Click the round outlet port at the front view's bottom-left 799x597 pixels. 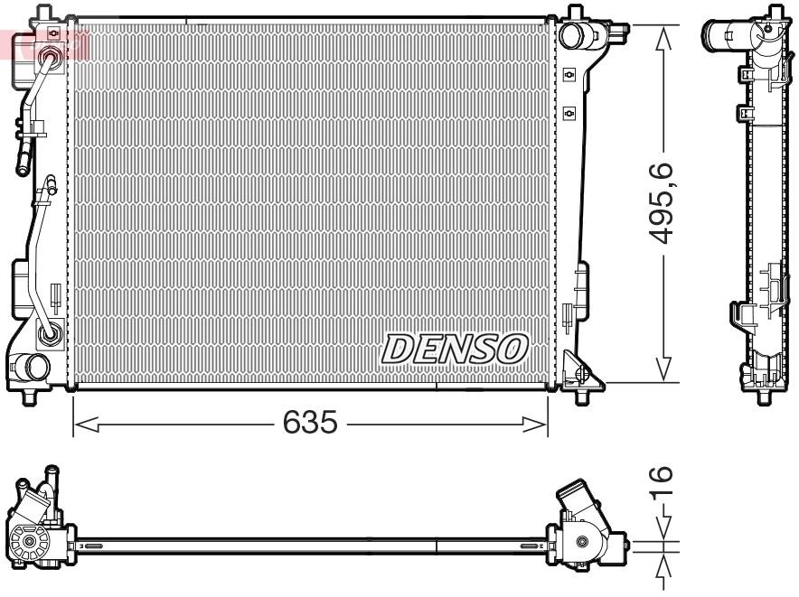36,367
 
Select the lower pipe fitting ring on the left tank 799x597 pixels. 49,334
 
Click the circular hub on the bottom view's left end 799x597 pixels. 30,544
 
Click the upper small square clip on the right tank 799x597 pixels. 569,74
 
